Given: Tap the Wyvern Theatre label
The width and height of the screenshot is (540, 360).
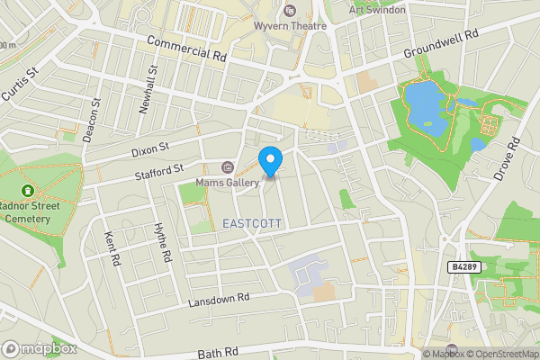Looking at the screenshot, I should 302,26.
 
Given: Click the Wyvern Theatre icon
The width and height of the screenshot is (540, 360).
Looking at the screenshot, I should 289,11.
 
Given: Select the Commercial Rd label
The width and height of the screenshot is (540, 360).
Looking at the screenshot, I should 185,49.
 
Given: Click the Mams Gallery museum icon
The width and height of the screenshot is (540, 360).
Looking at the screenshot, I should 227,167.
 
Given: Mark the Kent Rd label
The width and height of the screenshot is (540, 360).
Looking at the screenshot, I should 112,248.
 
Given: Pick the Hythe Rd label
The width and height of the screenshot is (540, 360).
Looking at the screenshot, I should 163,243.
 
